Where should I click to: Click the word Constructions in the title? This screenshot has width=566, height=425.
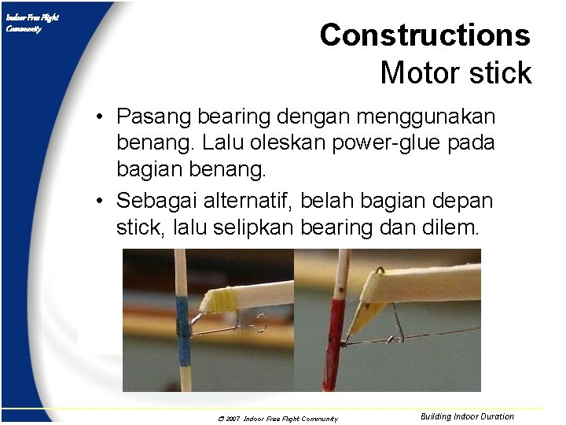[424, 35]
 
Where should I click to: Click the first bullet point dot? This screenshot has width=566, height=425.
[102, 118]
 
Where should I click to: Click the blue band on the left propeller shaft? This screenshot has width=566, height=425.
[183, 322]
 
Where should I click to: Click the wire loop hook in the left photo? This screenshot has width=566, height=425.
[260, 323]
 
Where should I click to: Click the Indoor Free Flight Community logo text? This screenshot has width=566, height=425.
[31, 23]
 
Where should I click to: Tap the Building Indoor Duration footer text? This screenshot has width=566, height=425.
[467, 416]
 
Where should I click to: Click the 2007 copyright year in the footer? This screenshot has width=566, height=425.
[233, 419]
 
